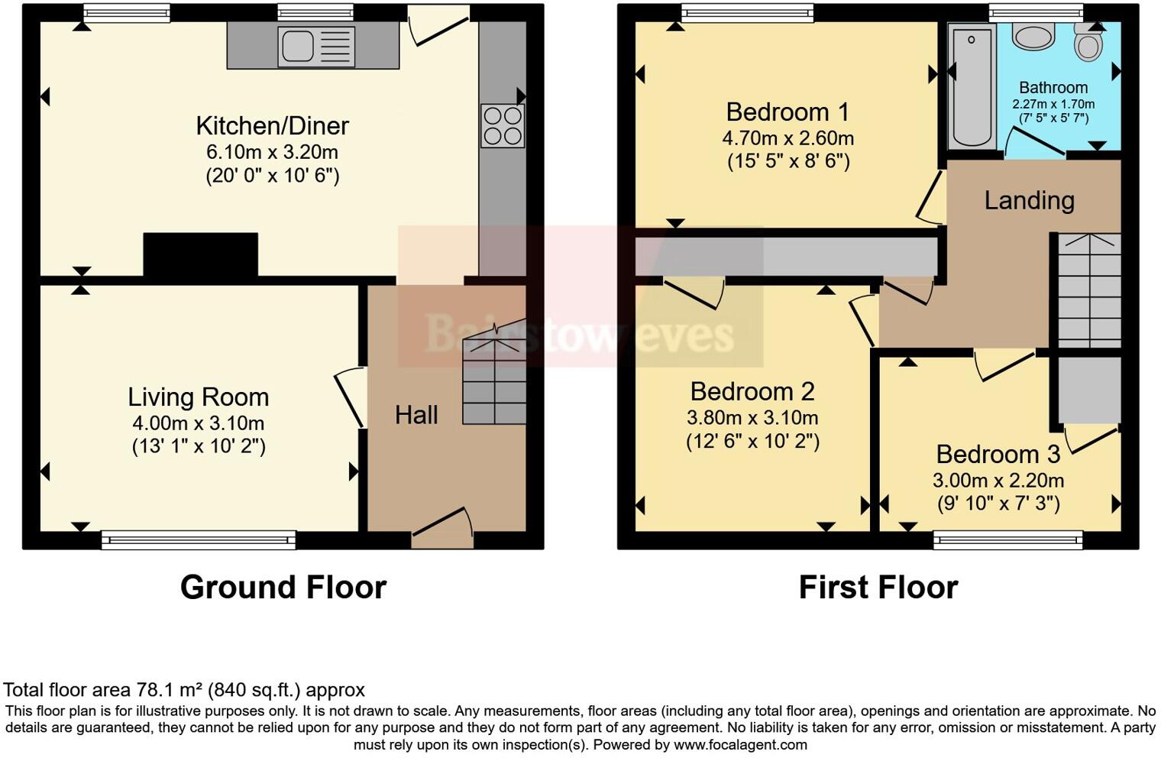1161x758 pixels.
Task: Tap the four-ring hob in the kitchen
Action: (x=503, y=126)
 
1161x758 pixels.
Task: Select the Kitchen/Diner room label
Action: (x=272, y=126)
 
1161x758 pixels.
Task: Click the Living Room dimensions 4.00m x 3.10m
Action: (x=198, y=423)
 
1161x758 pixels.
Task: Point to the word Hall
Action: (x=416, y=415)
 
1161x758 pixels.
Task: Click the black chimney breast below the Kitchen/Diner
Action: (x=200, y=254)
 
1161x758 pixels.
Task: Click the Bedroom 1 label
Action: (x=787, y=112)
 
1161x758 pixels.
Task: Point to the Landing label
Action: (x=1029, y=200)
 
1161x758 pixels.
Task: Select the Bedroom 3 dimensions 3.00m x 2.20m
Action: (x=998, y=481)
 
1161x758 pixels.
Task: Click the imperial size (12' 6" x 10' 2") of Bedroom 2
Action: (x=752, y=442)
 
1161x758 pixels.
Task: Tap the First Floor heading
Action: (x=878, y=588)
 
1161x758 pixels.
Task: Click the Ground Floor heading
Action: (x=283, y=588)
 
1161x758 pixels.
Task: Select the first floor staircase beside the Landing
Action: (x=1088, y=290)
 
